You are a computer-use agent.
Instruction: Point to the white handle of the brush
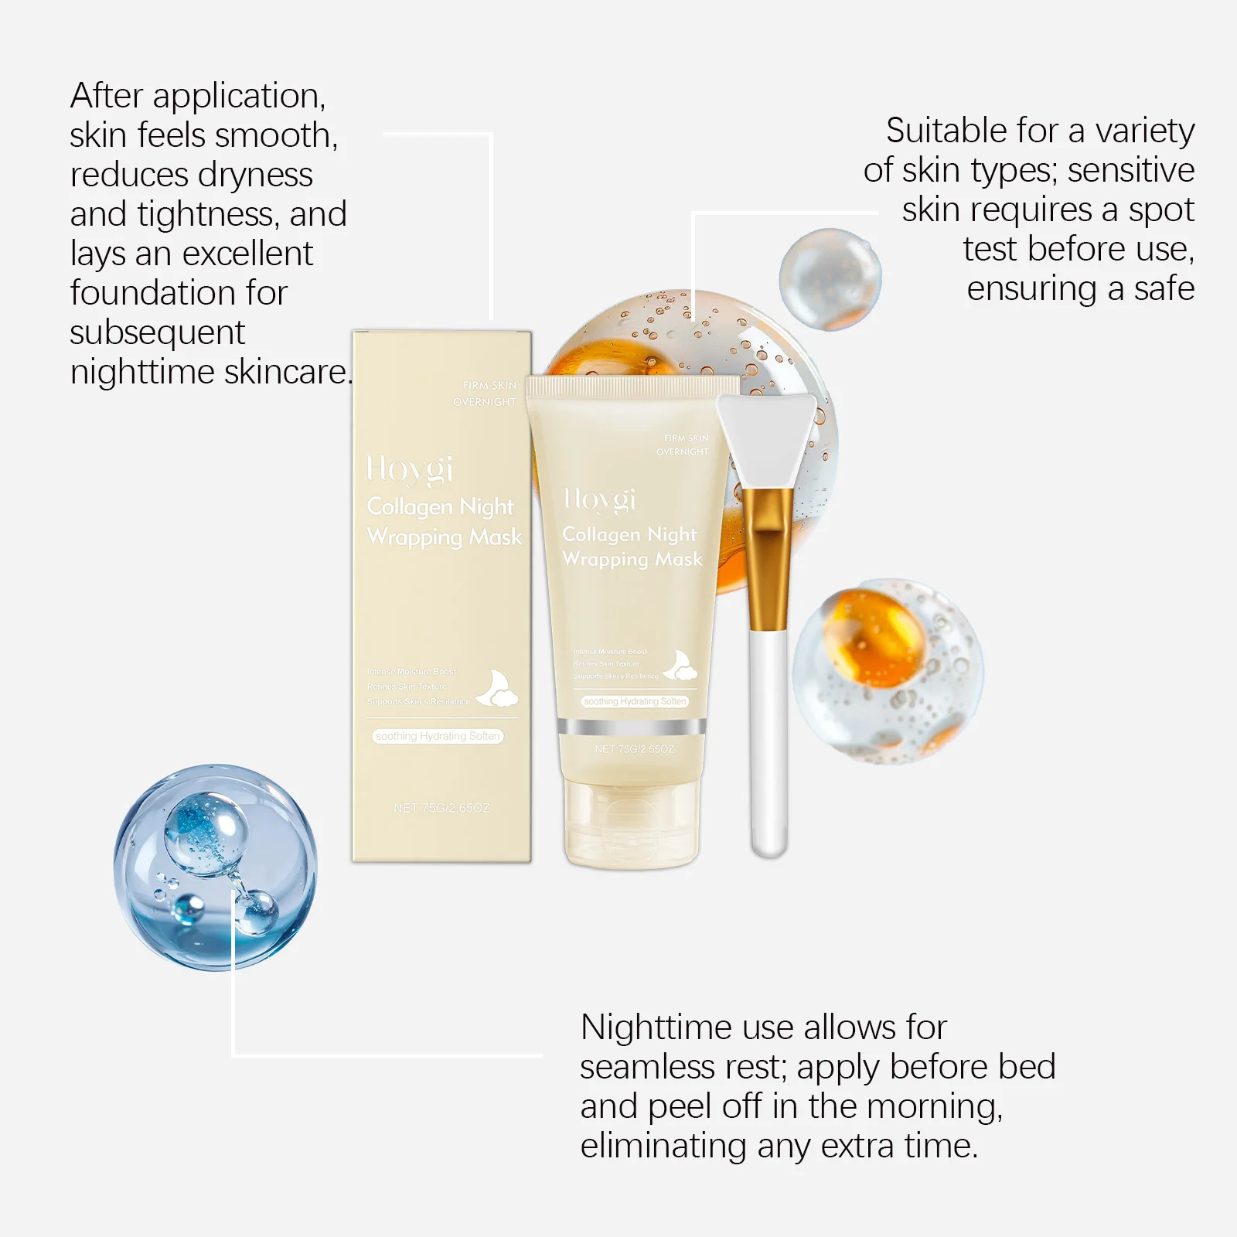pos(768,742)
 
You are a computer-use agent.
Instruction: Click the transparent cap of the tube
pos(632,824)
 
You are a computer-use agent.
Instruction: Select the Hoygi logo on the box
pos(410,469)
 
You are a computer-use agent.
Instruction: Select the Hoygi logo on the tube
pos(600,499)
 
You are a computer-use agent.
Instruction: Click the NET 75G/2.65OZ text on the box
pos(441,808)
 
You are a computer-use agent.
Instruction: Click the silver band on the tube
pos(631,727)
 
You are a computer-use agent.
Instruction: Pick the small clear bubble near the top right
pos(830,279)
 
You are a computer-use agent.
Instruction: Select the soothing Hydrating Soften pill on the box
pos(438,736)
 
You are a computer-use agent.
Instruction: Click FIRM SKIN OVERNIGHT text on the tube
pos(684,445)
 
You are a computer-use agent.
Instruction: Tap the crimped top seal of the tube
pos(632,387)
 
